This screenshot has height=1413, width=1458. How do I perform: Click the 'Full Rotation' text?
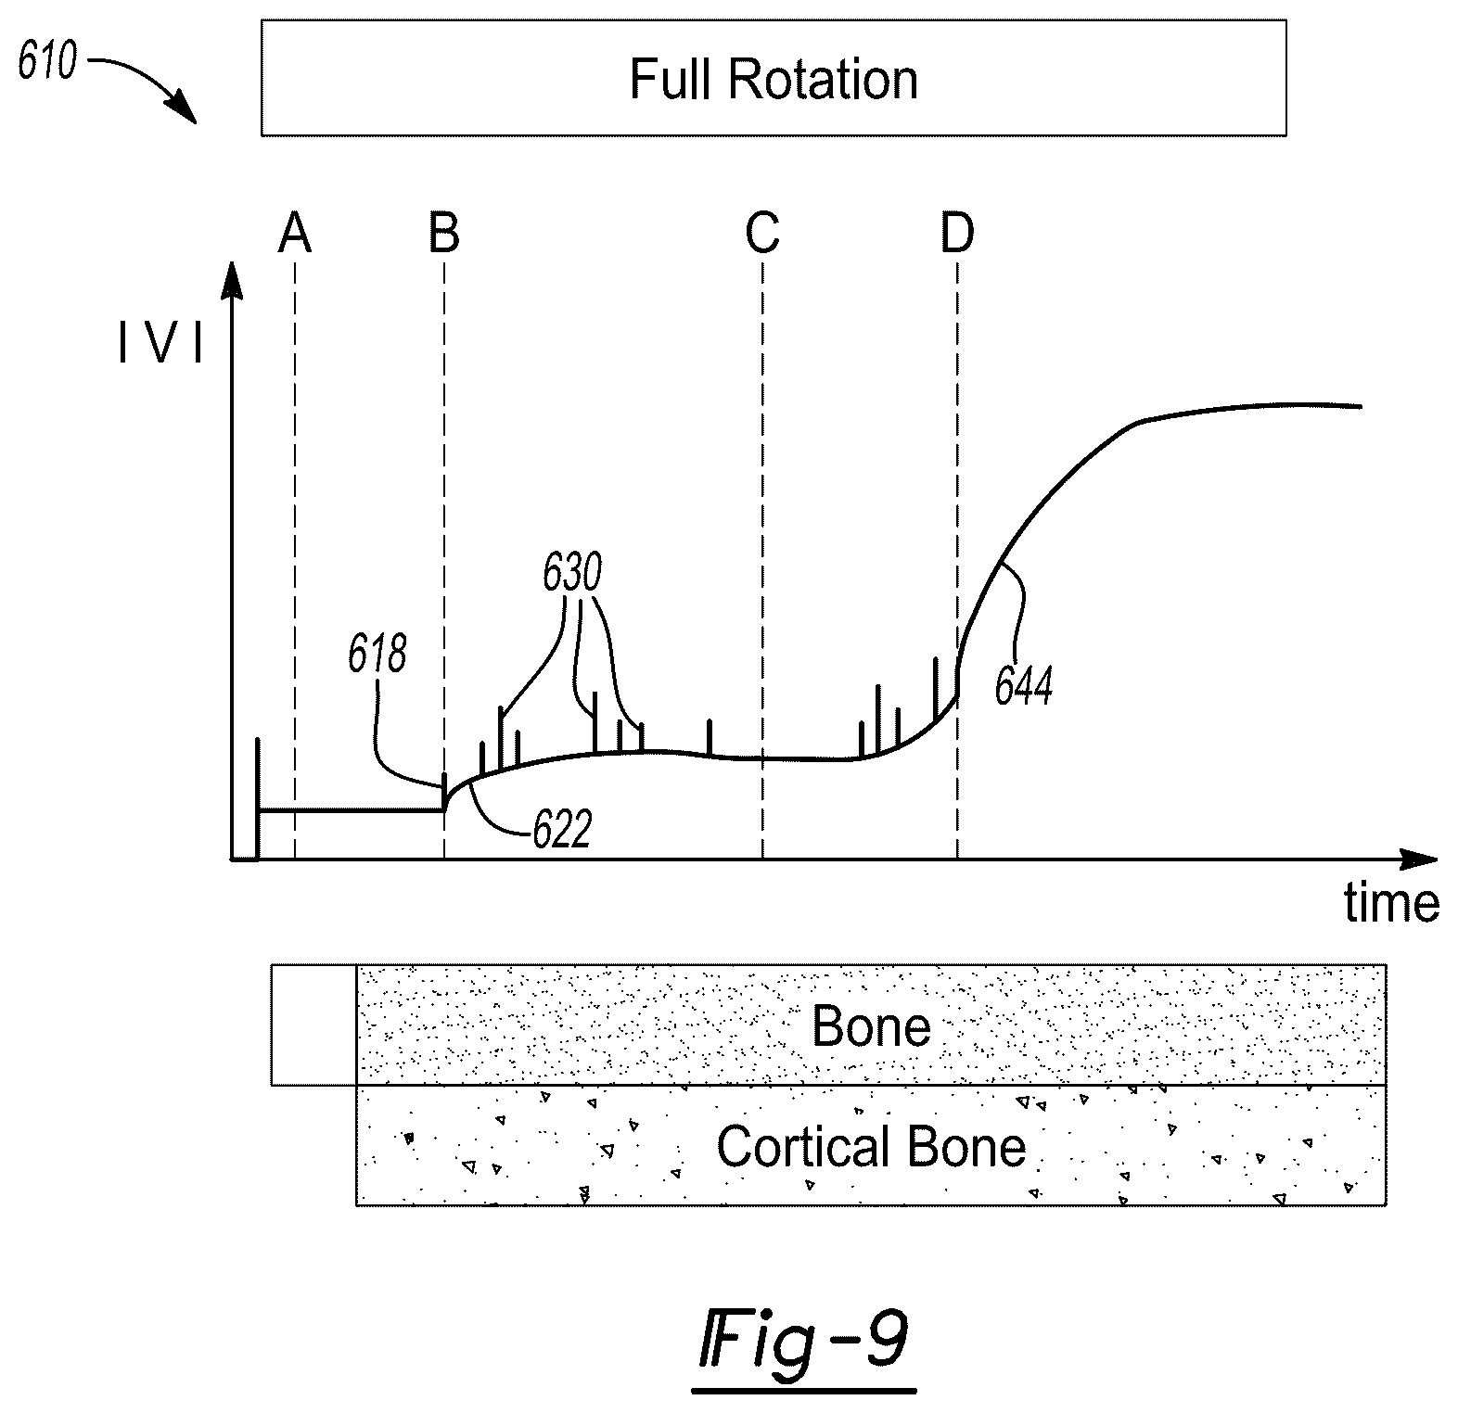[774, 80]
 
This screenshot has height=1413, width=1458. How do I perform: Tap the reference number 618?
[377, 656]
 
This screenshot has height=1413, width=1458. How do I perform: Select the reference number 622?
[562, 831]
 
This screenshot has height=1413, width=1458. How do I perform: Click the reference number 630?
[572, 575]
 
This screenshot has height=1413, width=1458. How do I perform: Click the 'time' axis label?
[1392, 901]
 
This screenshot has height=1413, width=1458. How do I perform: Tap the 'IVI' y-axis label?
[160, 346]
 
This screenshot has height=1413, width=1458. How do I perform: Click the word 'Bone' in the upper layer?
[871, 1026]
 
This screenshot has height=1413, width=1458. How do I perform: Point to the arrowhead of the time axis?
[1419, 859]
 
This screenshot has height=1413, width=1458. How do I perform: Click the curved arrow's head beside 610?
[185, 112]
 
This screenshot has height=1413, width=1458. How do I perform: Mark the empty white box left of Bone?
[314, 1025]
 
